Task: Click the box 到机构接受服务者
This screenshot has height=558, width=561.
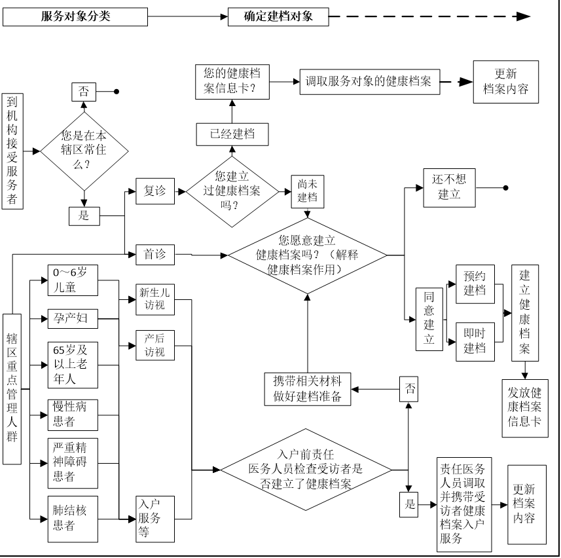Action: (14, 151)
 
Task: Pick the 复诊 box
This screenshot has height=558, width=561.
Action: (155, 191)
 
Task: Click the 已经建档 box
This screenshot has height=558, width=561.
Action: (232, 134)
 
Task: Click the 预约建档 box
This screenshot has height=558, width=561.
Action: (475, 284)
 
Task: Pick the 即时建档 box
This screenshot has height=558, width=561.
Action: (475, 341)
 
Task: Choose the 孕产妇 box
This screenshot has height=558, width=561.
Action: (73, 319)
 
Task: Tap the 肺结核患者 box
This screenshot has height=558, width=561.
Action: (73, 519)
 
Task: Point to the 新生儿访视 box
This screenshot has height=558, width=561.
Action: (155, 299)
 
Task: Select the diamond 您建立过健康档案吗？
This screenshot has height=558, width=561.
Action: (232, 191)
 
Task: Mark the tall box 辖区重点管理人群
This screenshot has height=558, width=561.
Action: (14, 388)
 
